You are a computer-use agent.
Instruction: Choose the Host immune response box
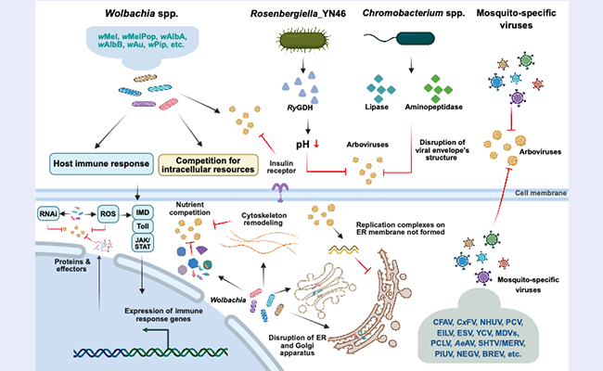81,164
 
